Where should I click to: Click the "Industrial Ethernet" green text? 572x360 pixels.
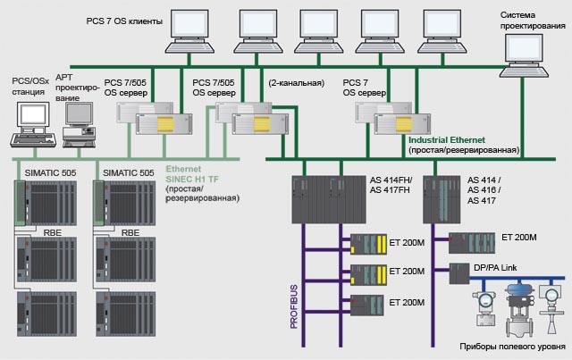click(x=446, y=141)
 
